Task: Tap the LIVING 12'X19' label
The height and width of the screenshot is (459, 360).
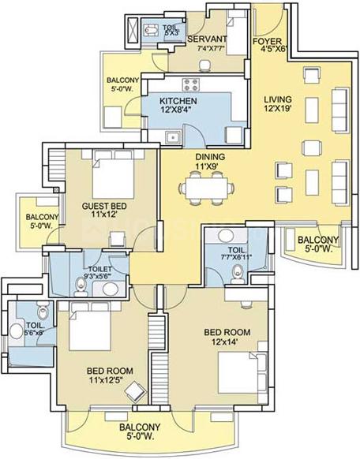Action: (x=278, y=103)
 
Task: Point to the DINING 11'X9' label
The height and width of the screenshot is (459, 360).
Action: (x=211, y=162)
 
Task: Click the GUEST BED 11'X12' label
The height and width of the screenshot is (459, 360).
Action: (x=105, y=211)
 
